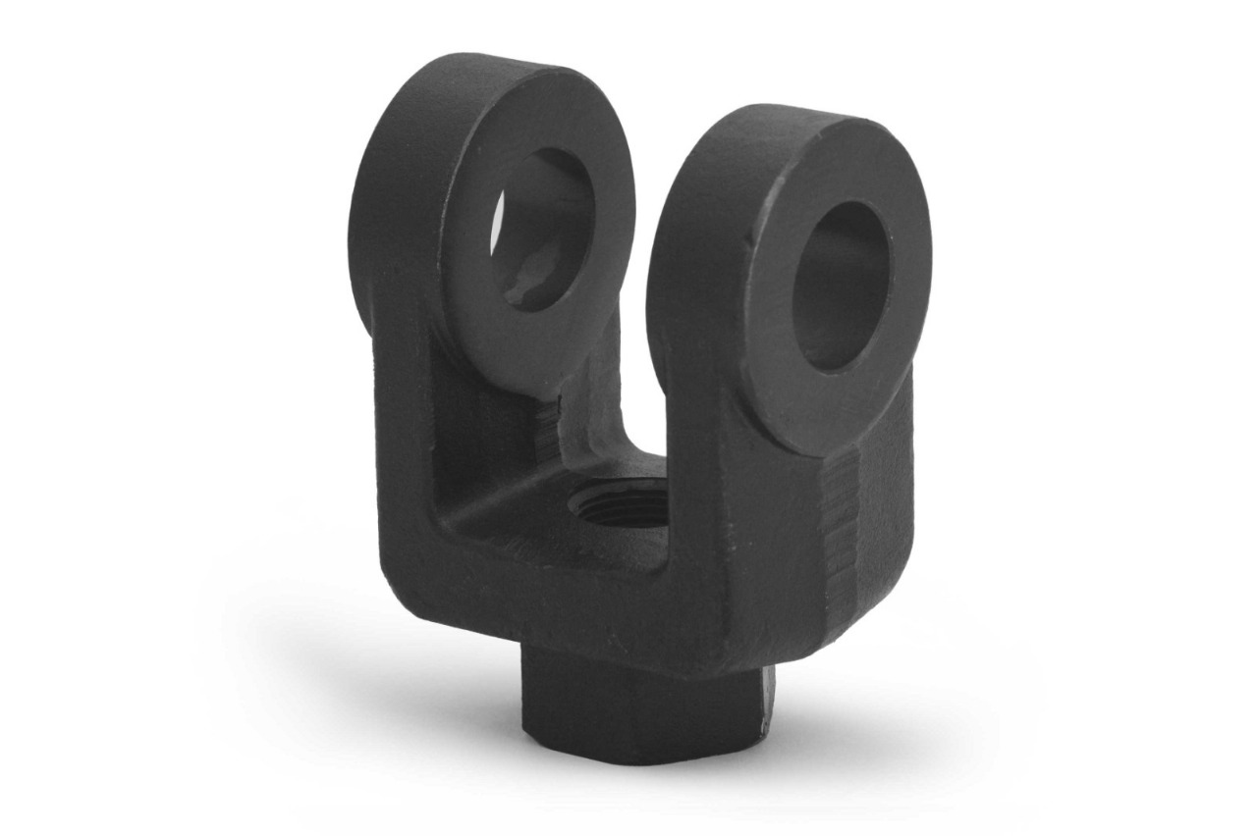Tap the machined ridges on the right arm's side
[x=840, y=530]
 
